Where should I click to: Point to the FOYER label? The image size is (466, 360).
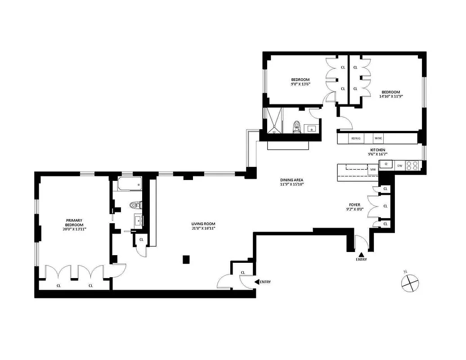pyautogui.click(x=355, y=204)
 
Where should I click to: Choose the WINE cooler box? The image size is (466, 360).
pyautogui.click(x=378, y=138)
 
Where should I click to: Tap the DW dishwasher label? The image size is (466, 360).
pyautogui.click(x=399, y=166)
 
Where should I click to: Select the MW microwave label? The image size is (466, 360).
pyautogui.click(x=372, y=170)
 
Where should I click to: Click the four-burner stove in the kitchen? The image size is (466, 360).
pyautogui.click(x=412, y=166)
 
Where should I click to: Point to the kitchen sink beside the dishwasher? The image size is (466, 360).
pyautogui.click(x=385, y=165)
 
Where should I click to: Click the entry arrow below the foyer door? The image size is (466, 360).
pyautogui.click(x=361, y=254)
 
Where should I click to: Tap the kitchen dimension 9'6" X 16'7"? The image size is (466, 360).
pyautogui.click(x=377, y=154)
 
